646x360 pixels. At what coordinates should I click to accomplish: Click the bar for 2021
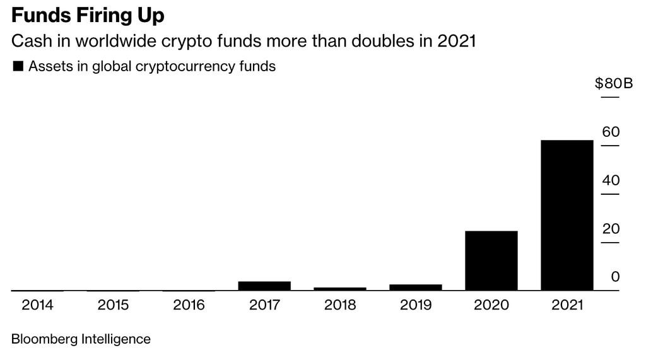point(567,215)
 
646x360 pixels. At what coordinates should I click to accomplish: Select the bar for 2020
point(491,260)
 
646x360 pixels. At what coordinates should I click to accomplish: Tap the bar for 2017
point(264,286)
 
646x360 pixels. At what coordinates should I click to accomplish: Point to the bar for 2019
point(415,287)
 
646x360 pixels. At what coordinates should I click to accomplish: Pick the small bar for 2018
point(340,289)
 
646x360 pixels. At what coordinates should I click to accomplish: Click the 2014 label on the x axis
point(38,305)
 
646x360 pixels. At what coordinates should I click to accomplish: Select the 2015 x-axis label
point(114,305)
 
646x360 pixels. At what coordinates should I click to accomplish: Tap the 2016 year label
point(189,305)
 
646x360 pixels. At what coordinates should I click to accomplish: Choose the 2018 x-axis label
point(340,305)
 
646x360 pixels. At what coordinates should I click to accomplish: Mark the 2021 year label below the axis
point(567,305)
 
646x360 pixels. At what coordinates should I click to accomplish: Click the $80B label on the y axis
point(613,84)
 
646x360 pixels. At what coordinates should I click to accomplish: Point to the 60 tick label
point(611,132)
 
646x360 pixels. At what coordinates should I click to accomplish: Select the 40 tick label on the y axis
point(611,180)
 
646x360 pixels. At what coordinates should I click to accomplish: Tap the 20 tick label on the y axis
point(611,229)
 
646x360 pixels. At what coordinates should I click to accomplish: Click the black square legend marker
point(18,66)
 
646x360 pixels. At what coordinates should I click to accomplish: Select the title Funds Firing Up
point(88,15)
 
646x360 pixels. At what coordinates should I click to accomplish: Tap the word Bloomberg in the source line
point(44,339)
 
